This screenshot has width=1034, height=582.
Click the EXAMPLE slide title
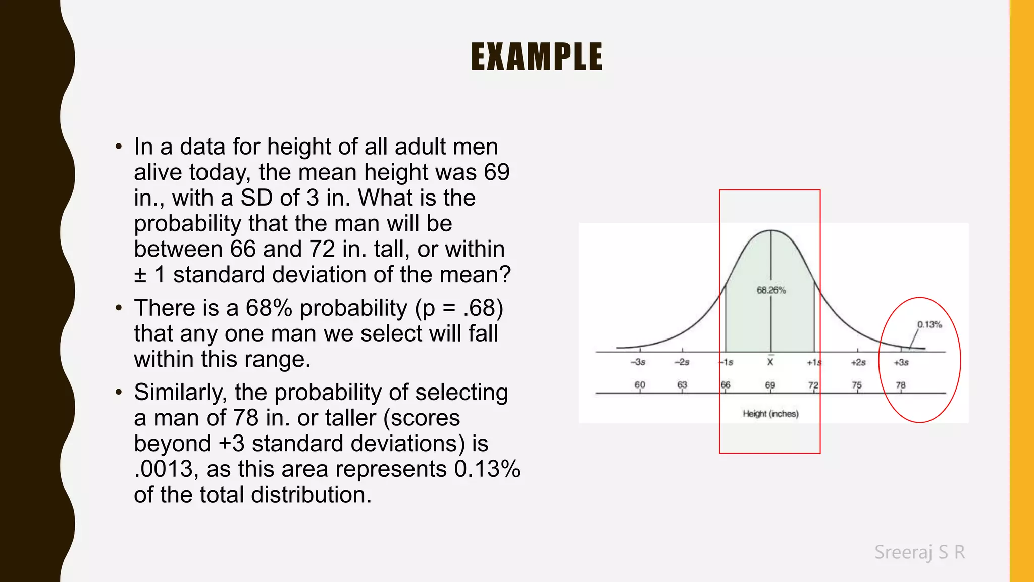(x=537, y=56)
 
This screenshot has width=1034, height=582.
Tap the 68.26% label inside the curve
(x=771, y=290)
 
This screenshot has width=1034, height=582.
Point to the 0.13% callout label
(x=929, y=324)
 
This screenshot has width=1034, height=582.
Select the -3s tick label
(x=638, y=362)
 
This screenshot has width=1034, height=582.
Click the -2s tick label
(x=682, y=362)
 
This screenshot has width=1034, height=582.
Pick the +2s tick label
(x=858, y=362)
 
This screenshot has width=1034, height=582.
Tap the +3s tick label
(x=901, y=362)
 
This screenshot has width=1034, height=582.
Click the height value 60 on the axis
(x=640, y=384)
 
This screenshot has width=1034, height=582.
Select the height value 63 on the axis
(x=682, y=384)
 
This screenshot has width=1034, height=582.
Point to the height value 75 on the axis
(x=857, y=385)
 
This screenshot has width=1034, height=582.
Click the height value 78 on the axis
(x=901, y=385)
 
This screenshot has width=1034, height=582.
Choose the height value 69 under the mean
(x=770, y=385)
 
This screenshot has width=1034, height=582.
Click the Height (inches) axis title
(x=770, y=414)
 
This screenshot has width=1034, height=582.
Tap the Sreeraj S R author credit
(x=919, y=552)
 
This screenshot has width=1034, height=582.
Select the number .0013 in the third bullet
(x=164, y=469)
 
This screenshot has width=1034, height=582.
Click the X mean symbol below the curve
(x=770, y=362)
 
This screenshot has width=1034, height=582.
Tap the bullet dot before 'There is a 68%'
(x=119, y=308)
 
